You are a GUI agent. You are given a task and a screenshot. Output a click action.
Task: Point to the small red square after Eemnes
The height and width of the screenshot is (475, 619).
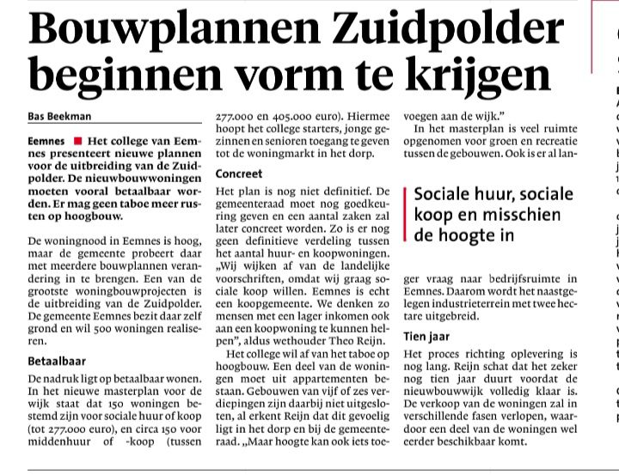[77, 139]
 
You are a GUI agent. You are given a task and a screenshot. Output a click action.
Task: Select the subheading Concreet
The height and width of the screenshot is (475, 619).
[239, 173]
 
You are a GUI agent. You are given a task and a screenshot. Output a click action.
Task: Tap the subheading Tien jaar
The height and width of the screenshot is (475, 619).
[426, 337]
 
